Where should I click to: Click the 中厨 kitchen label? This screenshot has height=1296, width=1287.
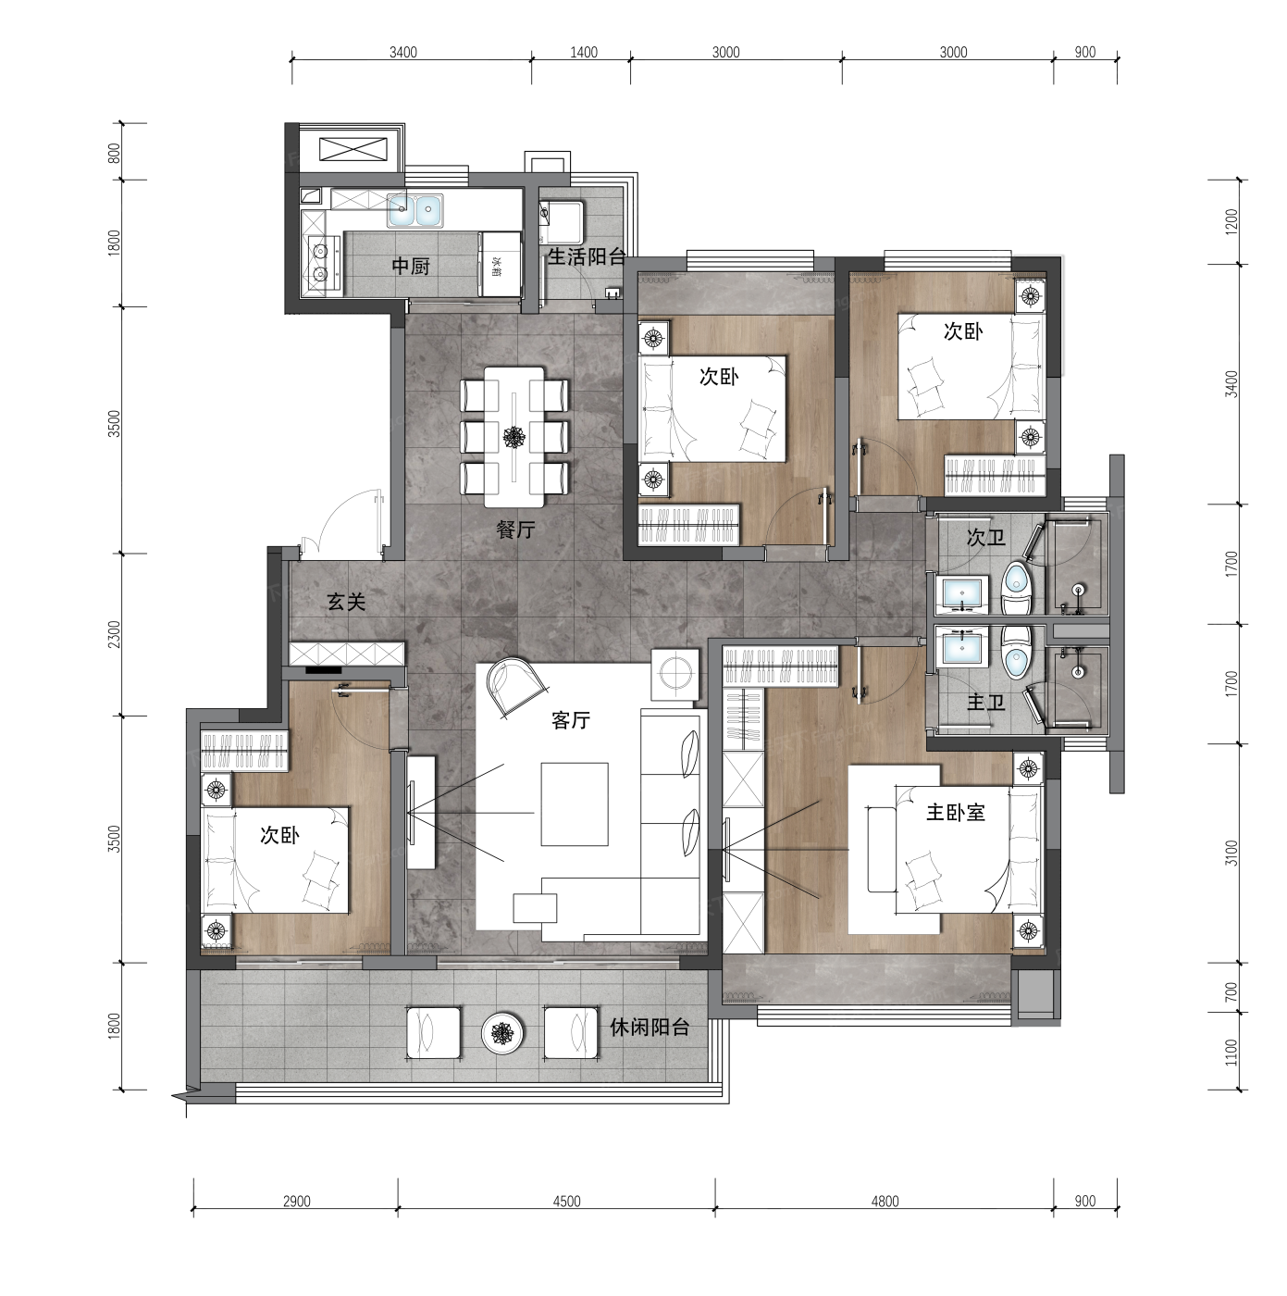pyautogui.click(x=410, y=267)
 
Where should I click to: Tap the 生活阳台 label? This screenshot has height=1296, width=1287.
pyautogui.click(x=587, y=257)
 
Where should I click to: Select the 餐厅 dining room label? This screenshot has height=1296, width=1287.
pyautogui.click(x=515, y=530)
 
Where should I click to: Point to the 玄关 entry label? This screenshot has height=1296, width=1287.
pyautogui.click(x=346, y=602)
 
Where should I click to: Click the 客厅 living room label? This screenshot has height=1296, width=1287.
pyautogui.click(x=570, y=720)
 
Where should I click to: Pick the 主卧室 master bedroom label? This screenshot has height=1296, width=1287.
pyautogui.click(x=956, y=813)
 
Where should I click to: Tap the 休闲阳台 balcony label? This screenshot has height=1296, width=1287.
pyautogui.click(x=650, y=1027)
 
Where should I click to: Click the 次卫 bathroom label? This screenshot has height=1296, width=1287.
pyautogui.click(x=985, y=537)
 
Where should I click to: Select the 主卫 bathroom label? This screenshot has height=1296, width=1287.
pyautogui.click(x=985, y=703)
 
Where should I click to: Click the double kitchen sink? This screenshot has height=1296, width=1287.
pyautogui.click(x=415, y=210)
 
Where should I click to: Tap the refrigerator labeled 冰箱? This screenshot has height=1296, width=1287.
pyautogui.click(x=500, y=265)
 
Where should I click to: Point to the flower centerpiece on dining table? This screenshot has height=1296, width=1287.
pyautogui.click(x=514, y=437)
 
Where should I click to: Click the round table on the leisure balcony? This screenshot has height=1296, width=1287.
pyautogui.click(x=501, y=1032)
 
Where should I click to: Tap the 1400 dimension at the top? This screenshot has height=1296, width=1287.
pyautogui.click(x=584, y=53)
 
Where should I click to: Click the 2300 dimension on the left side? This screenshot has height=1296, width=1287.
pyautogui.click(x=115, y=634)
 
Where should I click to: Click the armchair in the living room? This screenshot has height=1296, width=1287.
pyautogui.click(x=516, y=684)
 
